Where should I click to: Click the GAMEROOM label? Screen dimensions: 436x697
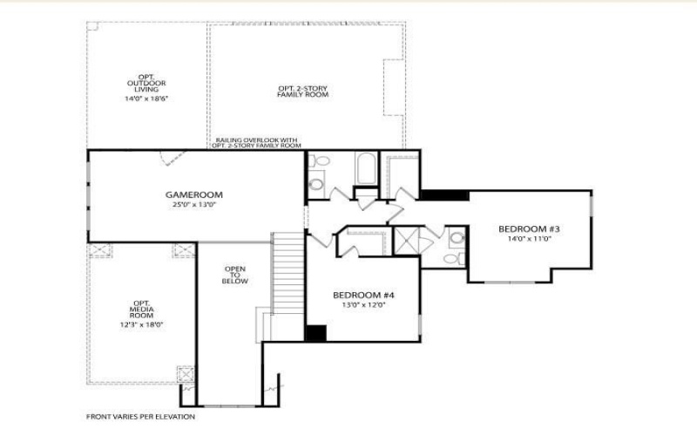pyautogui.click(x=195, y=194)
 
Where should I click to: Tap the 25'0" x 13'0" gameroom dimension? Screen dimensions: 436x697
pyautogui.click(x=195, y=206)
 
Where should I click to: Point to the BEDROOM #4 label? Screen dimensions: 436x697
pyautogui.click(x=360, y=295)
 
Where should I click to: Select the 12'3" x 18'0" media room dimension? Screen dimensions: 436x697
pyautogui.click(x=142, y=324)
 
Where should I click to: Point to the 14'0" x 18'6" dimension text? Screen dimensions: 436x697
pyautogui.click(x=145, y=99)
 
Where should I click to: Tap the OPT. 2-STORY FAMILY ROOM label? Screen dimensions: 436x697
pyautogui.click(x=298, y=91)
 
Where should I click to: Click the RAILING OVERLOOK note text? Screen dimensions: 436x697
pyautogui.click(x=258, y=142)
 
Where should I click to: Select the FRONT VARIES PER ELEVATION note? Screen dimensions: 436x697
pyautogui.click(x=140, y=417)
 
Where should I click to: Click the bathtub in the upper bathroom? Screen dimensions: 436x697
pyautogui.click(x=366, y=168)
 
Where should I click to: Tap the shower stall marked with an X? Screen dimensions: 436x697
pyautogui.click(x=407, y=239)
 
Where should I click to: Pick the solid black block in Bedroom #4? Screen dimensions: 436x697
pyautogui.click(x=316, y=333)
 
